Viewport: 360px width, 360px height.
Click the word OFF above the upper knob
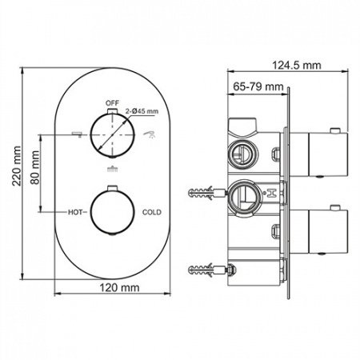[111, 103]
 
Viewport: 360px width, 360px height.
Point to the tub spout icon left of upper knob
[77, 133]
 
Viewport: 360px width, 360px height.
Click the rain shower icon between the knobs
[111, 168]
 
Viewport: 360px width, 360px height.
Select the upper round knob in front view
[111, 136]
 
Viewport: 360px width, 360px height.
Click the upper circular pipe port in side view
[239, 151]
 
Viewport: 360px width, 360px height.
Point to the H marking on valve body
[272, 192]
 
